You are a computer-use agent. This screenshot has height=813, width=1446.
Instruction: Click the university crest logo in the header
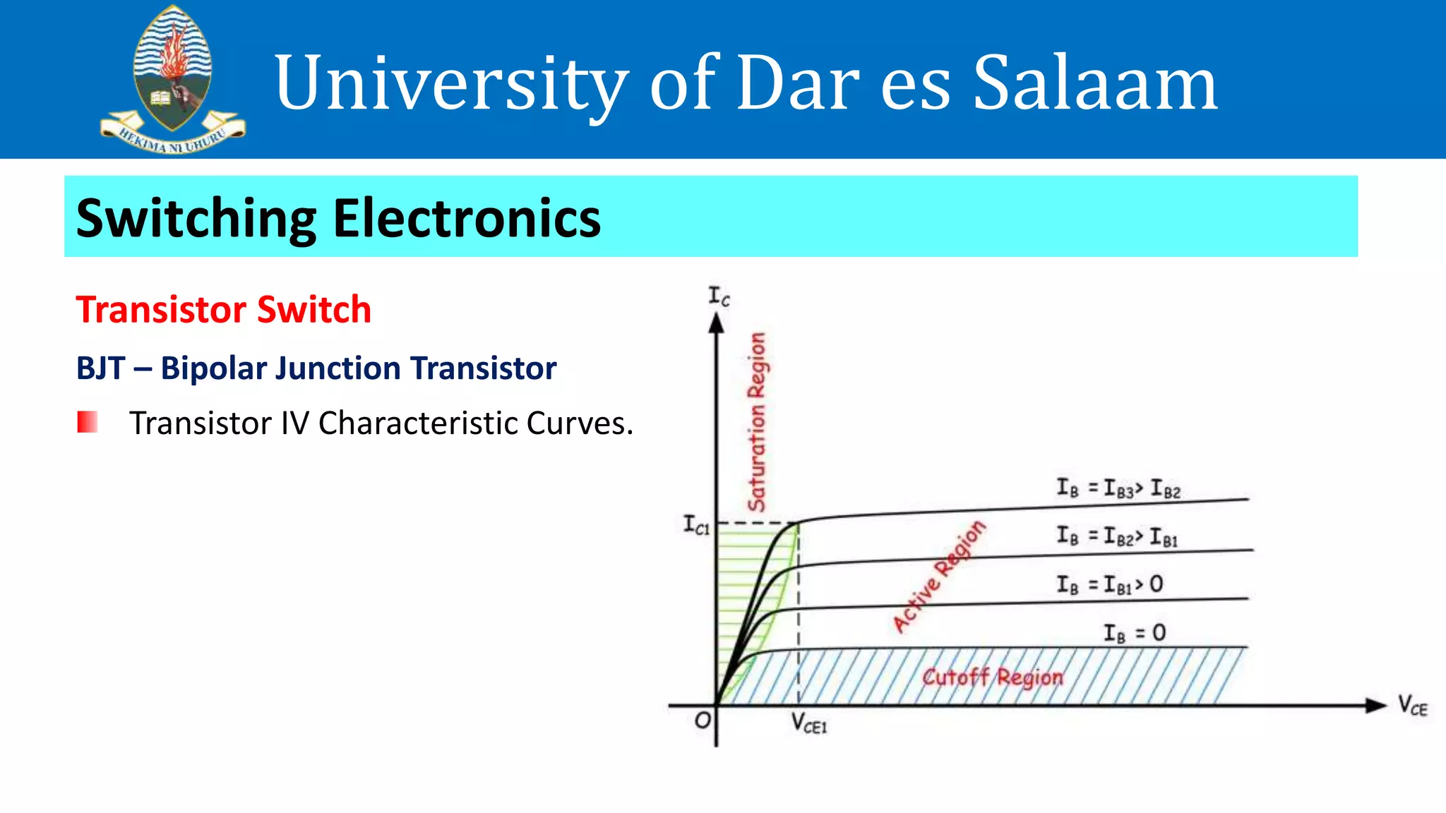coord(172,79)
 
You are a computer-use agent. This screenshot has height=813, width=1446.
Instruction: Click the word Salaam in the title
coord(1095,83)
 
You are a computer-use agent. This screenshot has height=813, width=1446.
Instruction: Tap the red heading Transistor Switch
coord(223,310)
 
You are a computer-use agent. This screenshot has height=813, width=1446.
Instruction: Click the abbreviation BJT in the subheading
coord(100,368)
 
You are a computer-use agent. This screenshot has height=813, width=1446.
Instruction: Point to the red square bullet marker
coord(87,422)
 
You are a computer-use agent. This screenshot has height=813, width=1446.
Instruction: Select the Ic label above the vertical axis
coord(719,296)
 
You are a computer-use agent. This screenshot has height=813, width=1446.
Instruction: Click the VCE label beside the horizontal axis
coord(1412,705)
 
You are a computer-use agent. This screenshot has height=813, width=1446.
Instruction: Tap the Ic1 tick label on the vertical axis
coord(696,525)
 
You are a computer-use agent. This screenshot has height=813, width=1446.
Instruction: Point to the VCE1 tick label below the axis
coord(808,723)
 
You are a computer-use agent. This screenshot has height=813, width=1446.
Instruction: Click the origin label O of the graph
coord(703,721)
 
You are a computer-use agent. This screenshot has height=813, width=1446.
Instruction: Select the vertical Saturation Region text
coord(757,421)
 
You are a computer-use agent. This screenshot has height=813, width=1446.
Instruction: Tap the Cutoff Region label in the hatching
coord(992,677)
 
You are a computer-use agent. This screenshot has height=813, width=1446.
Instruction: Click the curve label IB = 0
coord(1135,633)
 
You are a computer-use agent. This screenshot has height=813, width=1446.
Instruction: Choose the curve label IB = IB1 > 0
coord(1109,584)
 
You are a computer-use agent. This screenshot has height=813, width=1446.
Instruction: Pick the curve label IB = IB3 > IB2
coord(1118,488)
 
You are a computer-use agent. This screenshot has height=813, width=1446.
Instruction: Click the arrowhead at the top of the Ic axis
coord(717,323)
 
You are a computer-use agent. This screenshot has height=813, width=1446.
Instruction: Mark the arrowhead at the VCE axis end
coord(1375,705)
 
